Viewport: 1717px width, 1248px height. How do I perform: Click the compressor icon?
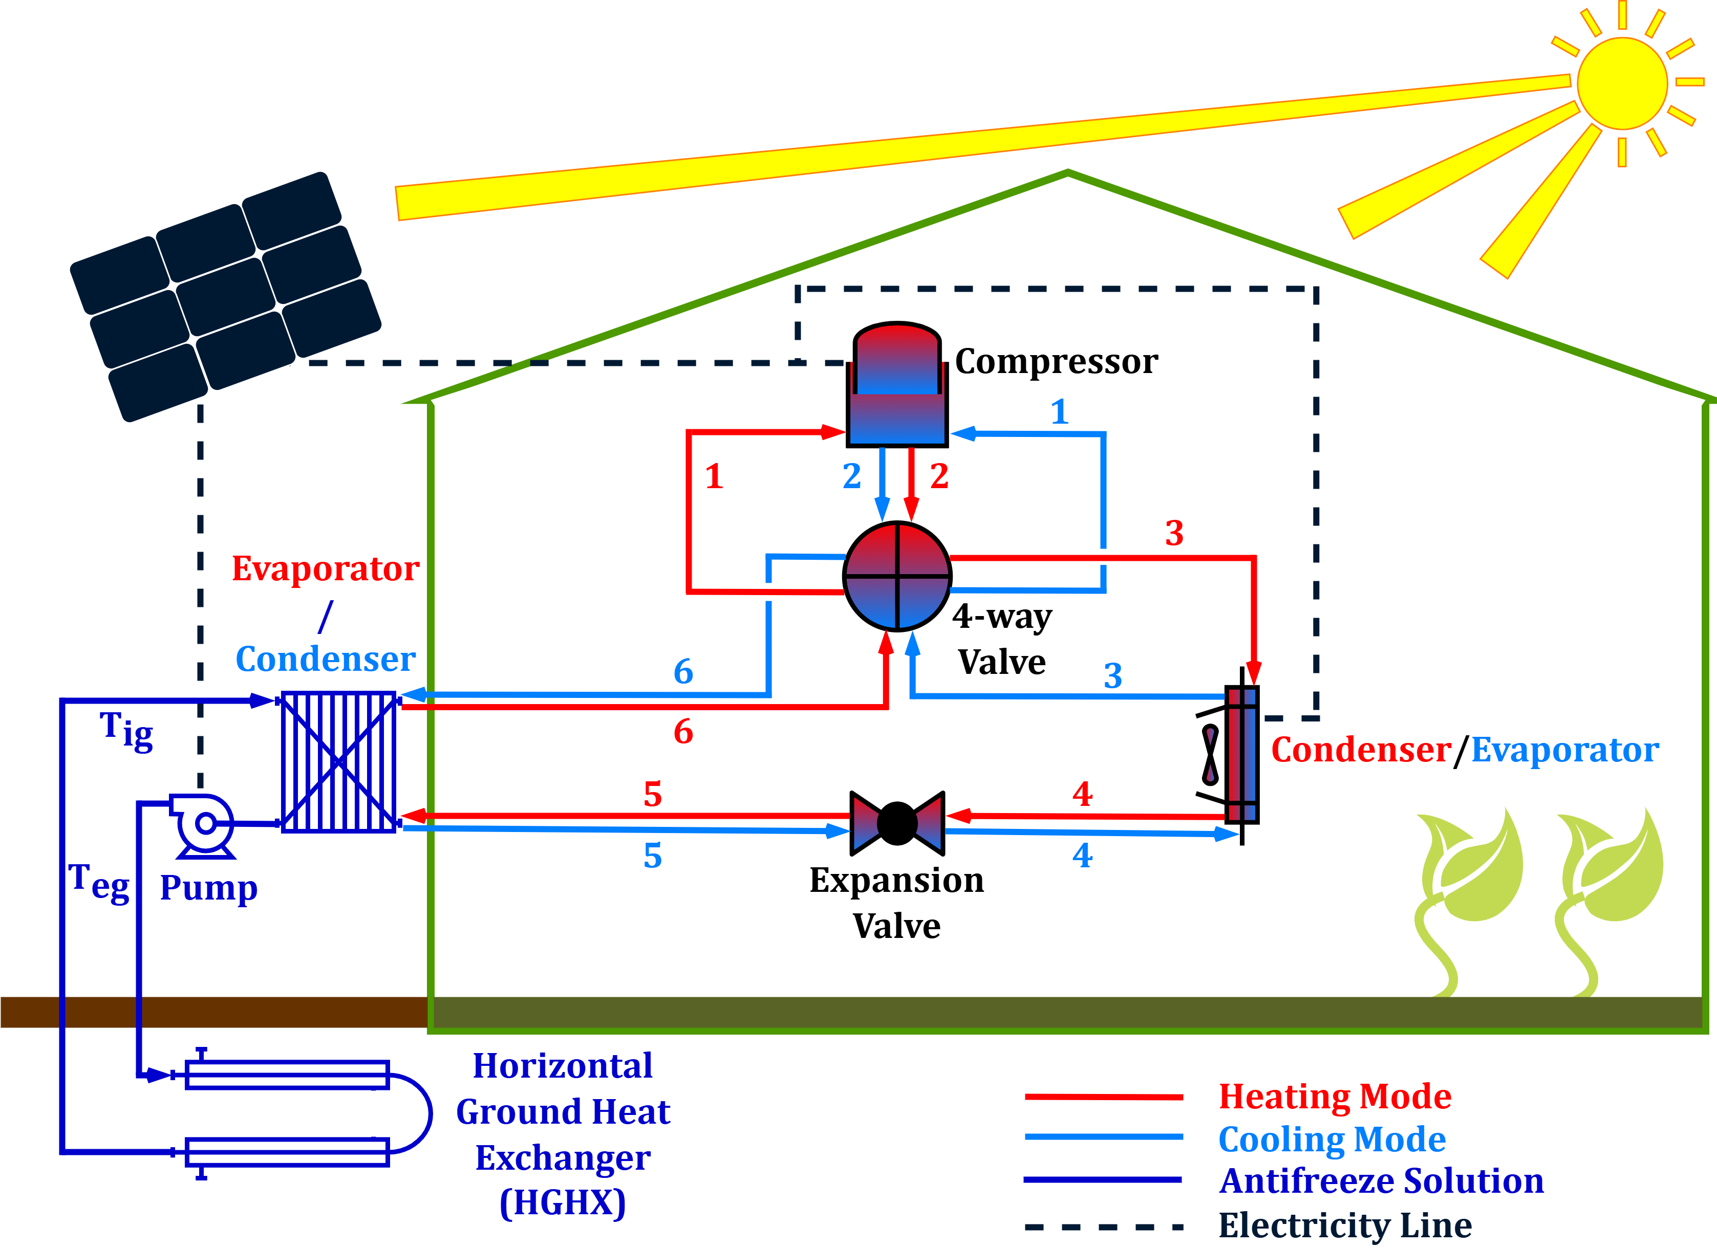(x=897, y=386)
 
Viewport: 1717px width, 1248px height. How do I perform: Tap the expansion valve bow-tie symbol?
(x=897, y=823)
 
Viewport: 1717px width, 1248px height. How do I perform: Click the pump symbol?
(x=203, y=824)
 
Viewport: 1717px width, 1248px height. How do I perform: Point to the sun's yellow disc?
(x=1622, y=83)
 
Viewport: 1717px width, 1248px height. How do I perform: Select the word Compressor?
(x=1056, y=362)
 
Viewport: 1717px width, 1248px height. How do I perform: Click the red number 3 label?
(x=1174, y=534)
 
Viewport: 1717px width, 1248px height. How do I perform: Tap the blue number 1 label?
(x=1060, y=412)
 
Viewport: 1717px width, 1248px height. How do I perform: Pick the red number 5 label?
(x=653, y=795)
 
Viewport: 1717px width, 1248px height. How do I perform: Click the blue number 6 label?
(x=683, y=671)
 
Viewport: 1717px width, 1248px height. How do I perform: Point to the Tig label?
(x=126, y=731)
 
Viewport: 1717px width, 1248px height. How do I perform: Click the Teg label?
(x=99, y=883)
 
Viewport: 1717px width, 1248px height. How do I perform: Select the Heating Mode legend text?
(x=1335, y=1097)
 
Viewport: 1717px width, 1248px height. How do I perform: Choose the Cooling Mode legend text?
(x=1332, y=1139)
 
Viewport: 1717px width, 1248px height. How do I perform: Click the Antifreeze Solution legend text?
(x=1381, y=1181)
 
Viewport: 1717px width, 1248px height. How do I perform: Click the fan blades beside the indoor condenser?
(x=1211, y=755)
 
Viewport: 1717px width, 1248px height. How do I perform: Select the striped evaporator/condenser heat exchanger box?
(x=338, y=762)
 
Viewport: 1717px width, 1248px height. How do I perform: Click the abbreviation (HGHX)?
(x=563, y=1202)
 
